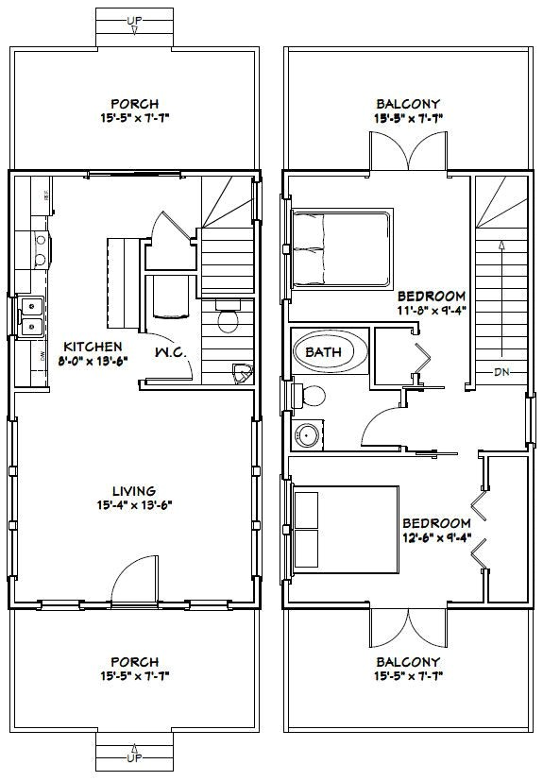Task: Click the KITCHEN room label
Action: point(92,347)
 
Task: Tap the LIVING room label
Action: point(133,490)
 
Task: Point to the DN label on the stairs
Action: point(502,371)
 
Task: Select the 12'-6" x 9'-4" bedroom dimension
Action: point(435,538)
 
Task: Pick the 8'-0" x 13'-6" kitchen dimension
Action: point(92,361)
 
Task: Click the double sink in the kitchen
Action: point(31,316)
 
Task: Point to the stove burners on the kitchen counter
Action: point(42,247)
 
